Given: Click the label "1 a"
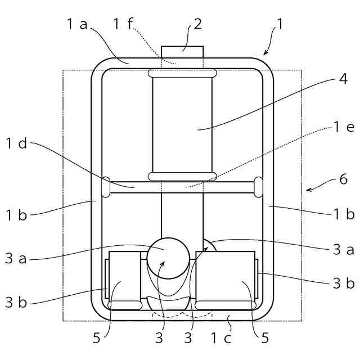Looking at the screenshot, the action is click(77, 24).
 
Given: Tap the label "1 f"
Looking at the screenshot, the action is click(123, 24).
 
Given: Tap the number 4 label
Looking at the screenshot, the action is click(343, 78).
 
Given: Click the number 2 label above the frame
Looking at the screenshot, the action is click(197, 24).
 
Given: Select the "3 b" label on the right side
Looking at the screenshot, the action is click(343, 283).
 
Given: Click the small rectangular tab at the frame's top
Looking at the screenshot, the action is click(182, 52).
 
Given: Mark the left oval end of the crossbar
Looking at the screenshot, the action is click(105, 187).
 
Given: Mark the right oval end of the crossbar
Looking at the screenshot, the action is click(259, 187).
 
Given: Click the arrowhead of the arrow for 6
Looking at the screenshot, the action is click(307, 190).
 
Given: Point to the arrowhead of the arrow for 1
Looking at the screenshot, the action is click(264, 54).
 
